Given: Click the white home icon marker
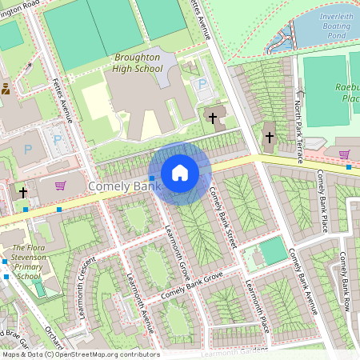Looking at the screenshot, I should point(180,173).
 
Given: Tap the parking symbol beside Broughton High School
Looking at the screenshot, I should point(202,84).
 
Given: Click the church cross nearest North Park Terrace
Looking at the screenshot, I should point(270,137).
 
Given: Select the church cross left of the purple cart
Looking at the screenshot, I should point(23,193).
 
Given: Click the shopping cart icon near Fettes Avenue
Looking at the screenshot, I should point(60,186).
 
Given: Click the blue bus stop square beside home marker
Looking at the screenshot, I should point(152,178).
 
